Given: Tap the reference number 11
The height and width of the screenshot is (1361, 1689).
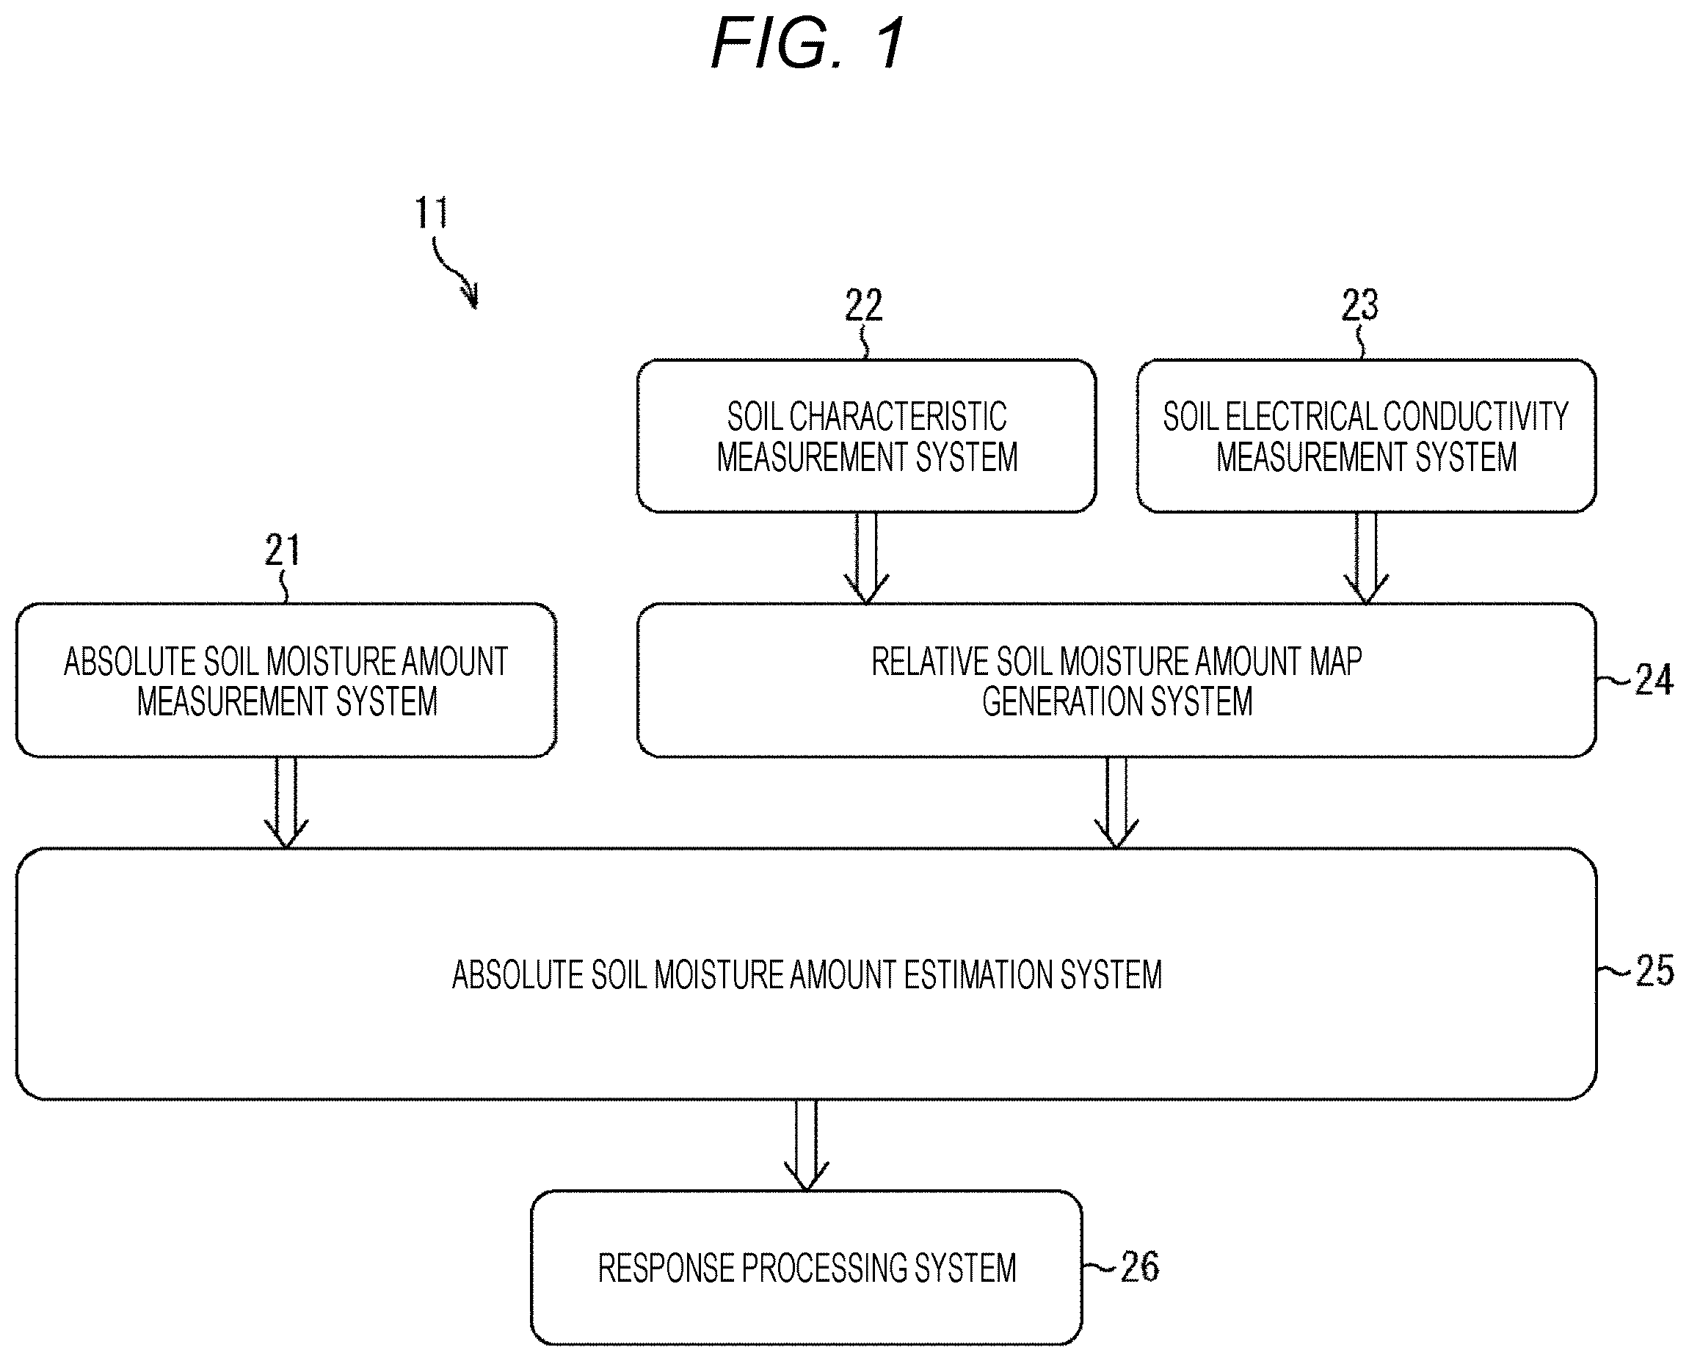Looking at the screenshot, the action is pyautogui.click(x=432, y=213).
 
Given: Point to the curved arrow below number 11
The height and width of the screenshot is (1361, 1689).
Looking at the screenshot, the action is pyautogui.click(x=455, y=274).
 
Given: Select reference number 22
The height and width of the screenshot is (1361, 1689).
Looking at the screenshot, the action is pyautogui.click(x=863, y=305).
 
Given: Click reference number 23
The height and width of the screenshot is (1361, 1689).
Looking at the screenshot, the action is pyautogui.click(x=1359, y=305).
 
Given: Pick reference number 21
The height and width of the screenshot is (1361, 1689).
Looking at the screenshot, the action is pyautogui.click(x=283, y=550).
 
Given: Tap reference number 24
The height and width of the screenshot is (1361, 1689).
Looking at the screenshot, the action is pyautogui.click(x=1654, y=679).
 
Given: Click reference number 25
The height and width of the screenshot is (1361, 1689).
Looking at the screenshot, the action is pyautogui.click(x=1655, y=971).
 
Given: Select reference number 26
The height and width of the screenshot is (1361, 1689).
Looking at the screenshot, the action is pyautogui.click(x=1139, y=1266).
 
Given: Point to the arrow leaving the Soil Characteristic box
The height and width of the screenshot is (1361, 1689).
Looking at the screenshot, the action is pyautogui.click(x=866, y=558).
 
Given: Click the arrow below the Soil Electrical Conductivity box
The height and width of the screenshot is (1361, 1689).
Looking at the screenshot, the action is pyautogui.click(x=1366, y=558).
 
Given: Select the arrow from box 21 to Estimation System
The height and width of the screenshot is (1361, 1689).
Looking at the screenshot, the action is pyautogui.click(x=286, y=803).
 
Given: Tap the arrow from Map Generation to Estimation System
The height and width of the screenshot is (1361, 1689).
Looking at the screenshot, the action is pyautogui.click(x=1116, y=803).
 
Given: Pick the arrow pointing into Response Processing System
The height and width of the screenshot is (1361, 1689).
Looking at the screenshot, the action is pyautogui.click(x=806, y=1145).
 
